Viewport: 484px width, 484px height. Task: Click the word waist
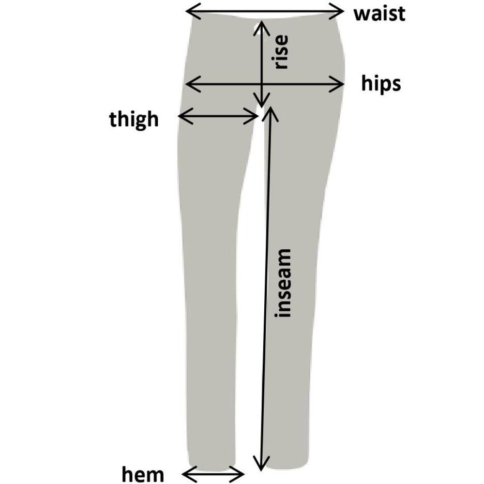379,14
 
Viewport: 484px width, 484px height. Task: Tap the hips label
381,83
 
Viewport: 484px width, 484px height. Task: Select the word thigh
134,119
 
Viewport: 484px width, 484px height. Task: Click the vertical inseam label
283,283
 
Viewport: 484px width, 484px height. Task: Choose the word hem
143,474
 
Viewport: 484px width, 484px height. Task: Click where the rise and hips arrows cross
262,84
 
